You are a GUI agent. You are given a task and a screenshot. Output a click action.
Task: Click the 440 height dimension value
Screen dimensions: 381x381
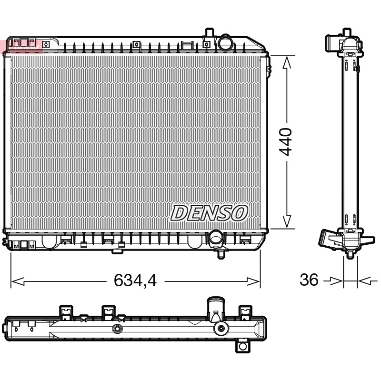[x=285, y=142]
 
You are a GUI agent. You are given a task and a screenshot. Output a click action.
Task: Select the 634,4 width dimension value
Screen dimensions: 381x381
[x=135, y=280]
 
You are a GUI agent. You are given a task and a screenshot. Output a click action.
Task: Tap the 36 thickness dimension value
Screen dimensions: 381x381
[x=309, y=280]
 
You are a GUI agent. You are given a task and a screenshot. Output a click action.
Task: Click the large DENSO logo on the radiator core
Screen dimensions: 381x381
[x=209, y=213]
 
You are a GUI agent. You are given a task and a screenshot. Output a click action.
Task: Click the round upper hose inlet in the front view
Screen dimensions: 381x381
[x=225, y=42]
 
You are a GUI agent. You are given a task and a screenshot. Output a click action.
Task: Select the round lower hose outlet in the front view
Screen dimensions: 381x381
[x=215, y=238]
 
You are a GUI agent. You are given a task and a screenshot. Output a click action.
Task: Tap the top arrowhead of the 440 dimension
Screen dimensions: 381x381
[x=287, y=62]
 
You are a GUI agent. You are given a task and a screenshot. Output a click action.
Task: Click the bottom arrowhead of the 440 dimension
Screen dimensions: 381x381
[x=287, y=221]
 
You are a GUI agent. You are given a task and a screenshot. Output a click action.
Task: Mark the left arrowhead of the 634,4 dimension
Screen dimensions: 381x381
[x=18, y=281]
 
